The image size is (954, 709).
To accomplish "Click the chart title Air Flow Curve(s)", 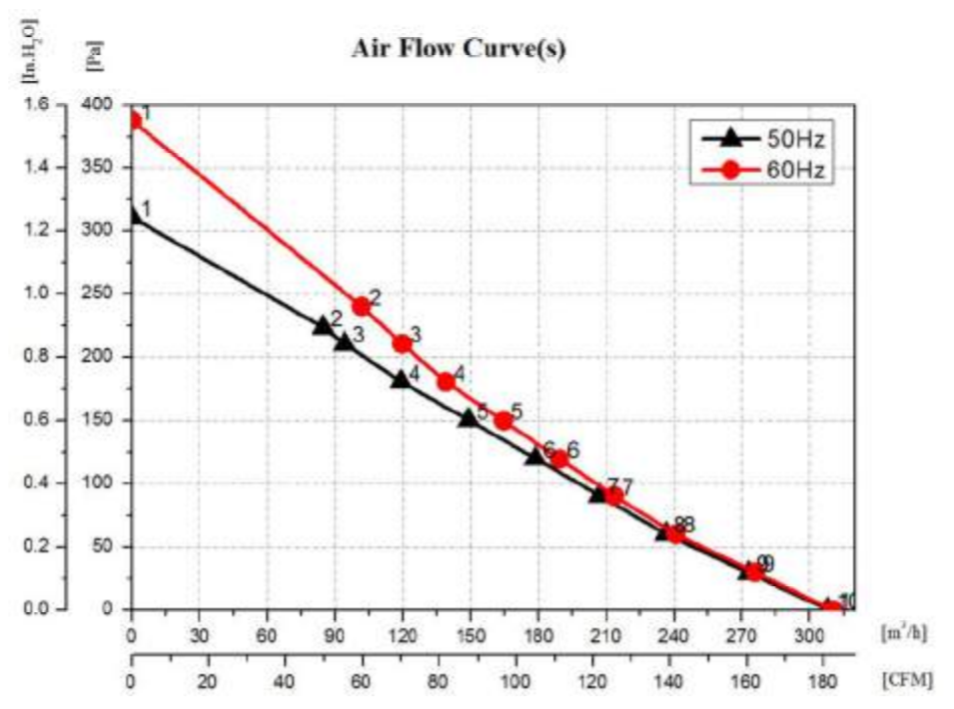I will click(459, 50).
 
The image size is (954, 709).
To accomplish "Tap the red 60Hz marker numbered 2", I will click(361, 306).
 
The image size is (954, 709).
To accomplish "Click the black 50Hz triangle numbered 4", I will click(401, 378).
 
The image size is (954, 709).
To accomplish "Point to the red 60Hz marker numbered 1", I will click(132, 121).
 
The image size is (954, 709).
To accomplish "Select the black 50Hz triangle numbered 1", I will click(133, 215).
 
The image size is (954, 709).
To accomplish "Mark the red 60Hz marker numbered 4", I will click(446, 380).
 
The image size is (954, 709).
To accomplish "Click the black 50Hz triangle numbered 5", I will click(468, 417).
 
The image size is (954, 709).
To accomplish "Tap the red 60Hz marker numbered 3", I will click(402, 343).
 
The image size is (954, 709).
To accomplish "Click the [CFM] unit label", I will click(908, 680).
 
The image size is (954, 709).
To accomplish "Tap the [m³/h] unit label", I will click(907, 632).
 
